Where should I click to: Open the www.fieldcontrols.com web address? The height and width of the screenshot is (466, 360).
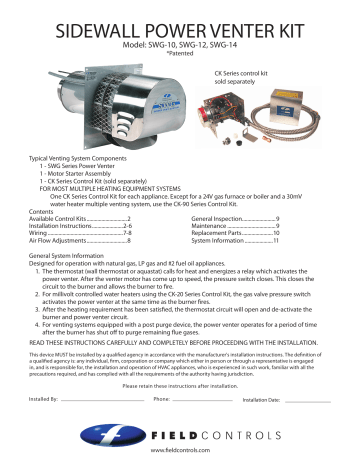tap(180, 453)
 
